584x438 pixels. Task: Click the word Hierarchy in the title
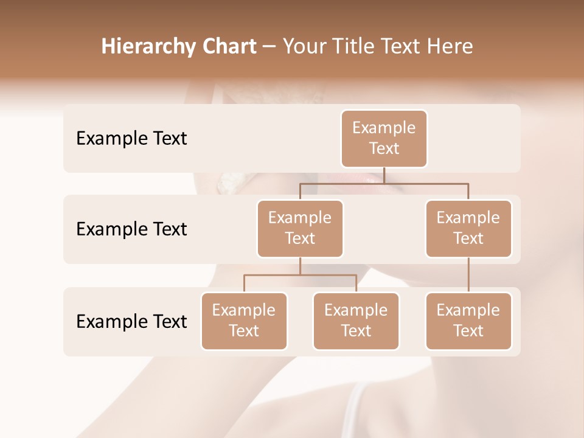click(139, 47)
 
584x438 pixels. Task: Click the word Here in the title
click(451, 47)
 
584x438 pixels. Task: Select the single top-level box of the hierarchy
click(384, 138)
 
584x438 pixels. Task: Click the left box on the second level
click(300, 228)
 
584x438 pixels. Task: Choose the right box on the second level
click(468, 228)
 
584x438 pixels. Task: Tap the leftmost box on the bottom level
click(244, 321)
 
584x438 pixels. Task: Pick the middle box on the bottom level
click(356, 321)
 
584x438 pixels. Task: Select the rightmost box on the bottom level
click(468, 321)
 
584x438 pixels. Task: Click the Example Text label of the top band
click(131, 139)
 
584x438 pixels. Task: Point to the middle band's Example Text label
click(131, 229)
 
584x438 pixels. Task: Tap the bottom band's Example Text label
click(131, 322)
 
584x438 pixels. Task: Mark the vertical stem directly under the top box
click(384, 175)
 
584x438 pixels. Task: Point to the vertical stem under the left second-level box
click(300, 266)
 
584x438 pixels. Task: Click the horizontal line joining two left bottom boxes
click(300, 275)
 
